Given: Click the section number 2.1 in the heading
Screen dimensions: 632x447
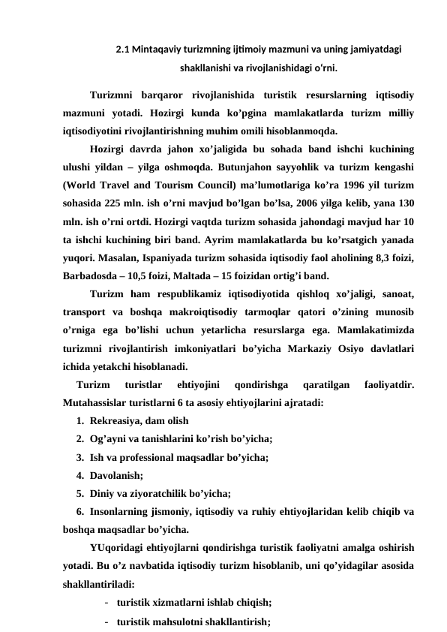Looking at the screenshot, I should point(123,51).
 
